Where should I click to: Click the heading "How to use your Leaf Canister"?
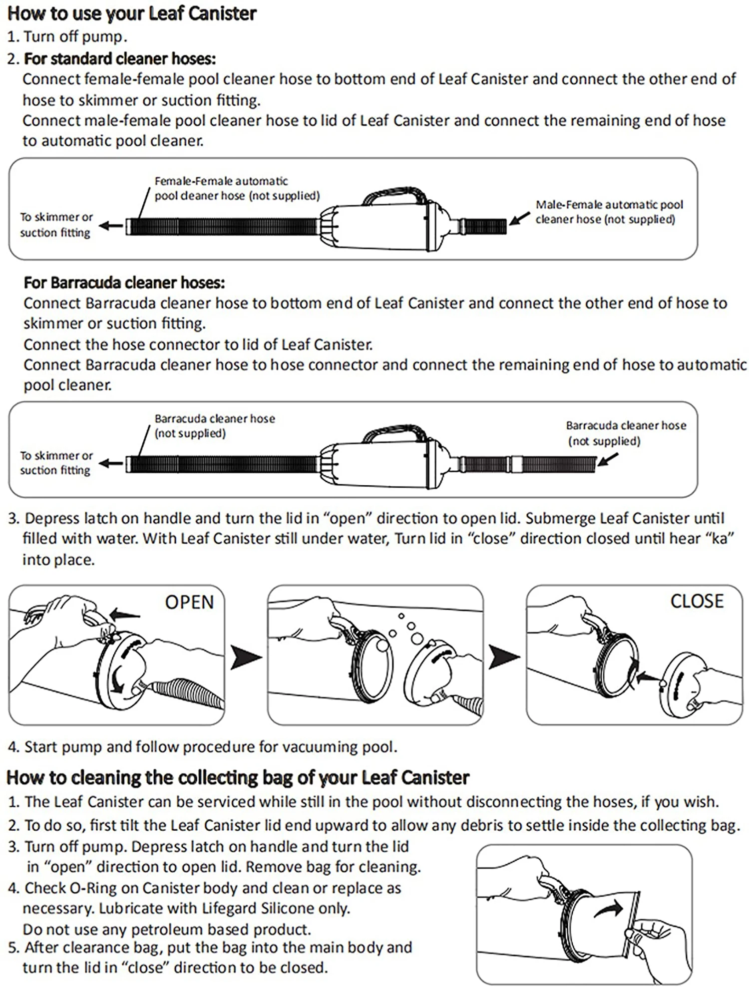(x=132, y=14)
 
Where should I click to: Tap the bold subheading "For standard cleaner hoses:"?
(x=120, y=59)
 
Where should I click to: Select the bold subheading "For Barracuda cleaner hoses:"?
(x=124, y=283)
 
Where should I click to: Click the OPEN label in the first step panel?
(x=189, y=602)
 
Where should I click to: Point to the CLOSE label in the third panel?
(x=697, y=601)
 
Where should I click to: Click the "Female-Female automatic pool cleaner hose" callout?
(x=237, y=188)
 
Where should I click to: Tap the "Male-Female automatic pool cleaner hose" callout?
(x=609, y=212)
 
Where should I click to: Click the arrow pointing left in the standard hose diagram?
(x=111, y=226)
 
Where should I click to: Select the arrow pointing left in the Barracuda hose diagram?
(x=111, y=464)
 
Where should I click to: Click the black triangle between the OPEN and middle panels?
(x=246, y=657)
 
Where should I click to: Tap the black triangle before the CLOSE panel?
(x=504, y=657)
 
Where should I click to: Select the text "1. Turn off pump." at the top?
(x=67, y=36)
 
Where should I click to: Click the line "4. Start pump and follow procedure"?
(x=202, y=747)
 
